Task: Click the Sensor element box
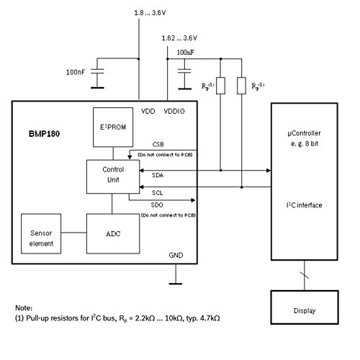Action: coord(41,238)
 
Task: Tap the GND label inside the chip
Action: coord(176,254)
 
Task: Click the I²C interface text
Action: coord(305,205)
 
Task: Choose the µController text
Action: coord(305,135)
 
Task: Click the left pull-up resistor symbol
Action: coord(221,86)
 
